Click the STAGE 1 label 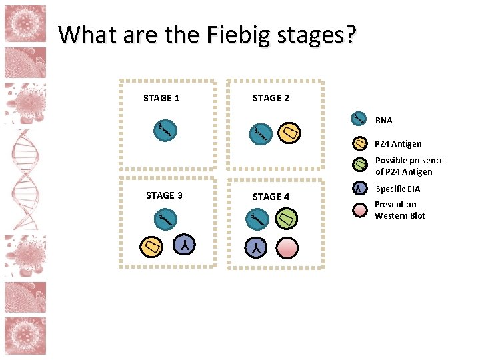[x=161, y=98]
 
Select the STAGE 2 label [x=271, y=98]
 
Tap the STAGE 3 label [x=164, y=195]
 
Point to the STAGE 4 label [x=271, y=197]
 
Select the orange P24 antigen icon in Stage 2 [x=289, y=134]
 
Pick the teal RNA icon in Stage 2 [x=259, y=134]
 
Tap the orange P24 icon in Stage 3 [x=151, y=246]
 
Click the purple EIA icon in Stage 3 [x=184, y=245]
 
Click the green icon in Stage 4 [x=287, y=218]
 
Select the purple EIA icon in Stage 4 [x=257, y=248]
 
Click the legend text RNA [x=383, y=121]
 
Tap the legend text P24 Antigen [x=398, y=143]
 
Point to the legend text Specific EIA [x=398, y=189]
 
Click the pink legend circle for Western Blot [x=359, y=210]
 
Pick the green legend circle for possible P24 [x=359, y=165]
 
